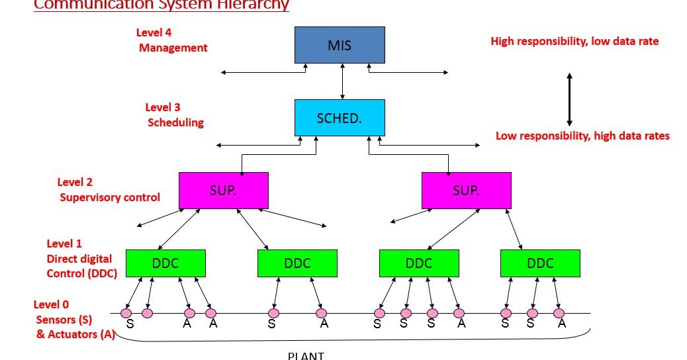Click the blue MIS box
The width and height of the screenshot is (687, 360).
[x=340, y=45]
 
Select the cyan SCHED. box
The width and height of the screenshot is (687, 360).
[x=340, y=118]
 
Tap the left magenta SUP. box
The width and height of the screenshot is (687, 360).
[x=224, y=190]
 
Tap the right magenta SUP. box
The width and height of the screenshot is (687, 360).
[x=466, y=190]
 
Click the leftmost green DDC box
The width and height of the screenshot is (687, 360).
[x=165, y=263]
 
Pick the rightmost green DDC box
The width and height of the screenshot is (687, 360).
[x=540, y=263]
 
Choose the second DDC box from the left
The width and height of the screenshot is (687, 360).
[x=297, y=263]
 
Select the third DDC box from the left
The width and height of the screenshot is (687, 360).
[x=419, y=263]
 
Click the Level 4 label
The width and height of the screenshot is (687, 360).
[x=154, y=32]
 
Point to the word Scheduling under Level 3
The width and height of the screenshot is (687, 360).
[x=175, y=122]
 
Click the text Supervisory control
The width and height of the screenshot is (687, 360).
[x=110, y=197]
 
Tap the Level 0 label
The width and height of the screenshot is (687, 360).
[x=51, y=304]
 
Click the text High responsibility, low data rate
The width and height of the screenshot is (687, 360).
[x=574, y=41]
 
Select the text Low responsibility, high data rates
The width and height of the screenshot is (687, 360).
[x=582, y=136]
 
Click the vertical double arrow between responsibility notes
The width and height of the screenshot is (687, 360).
[x=569, y=99]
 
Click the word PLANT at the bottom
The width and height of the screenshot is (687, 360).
[x=306, y=355]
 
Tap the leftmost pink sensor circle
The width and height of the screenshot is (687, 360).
[x=126, y=312]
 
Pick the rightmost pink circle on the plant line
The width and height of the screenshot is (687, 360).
[x=559, y=313]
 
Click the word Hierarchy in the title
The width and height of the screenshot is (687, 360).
[x=253, y=5]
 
